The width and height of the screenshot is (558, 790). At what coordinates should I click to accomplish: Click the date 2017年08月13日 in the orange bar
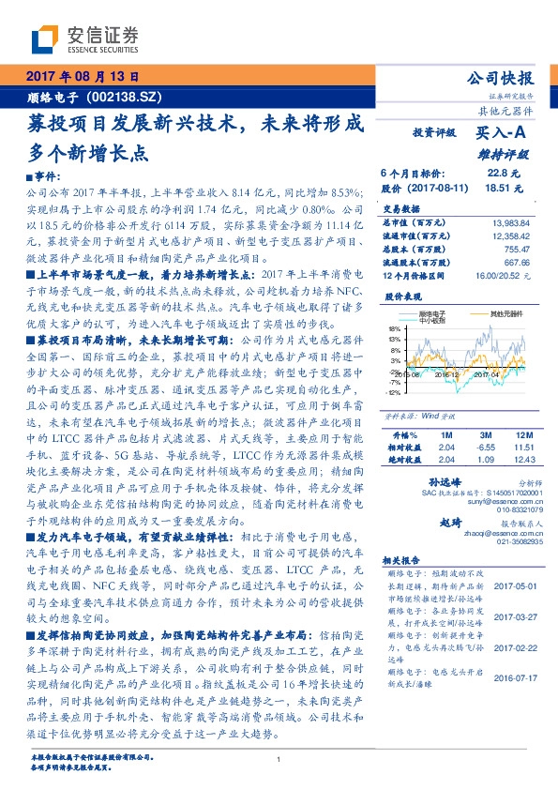(x=81, y=78)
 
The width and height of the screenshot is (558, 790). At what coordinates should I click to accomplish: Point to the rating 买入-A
(x=505, y=135)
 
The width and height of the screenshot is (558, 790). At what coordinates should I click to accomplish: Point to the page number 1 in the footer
(x=279, y=761)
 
